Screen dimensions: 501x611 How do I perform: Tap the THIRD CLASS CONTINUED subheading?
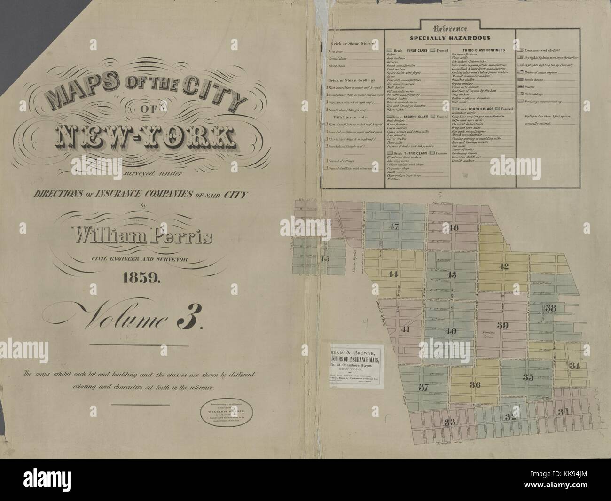point(477,50)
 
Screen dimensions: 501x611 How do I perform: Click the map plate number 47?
point(393,227)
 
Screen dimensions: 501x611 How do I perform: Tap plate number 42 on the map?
point(503,266)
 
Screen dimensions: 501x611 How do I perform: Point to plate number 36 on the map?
point(475,385)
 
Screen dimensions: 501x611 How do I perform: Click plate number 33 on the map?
point(450,422)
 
